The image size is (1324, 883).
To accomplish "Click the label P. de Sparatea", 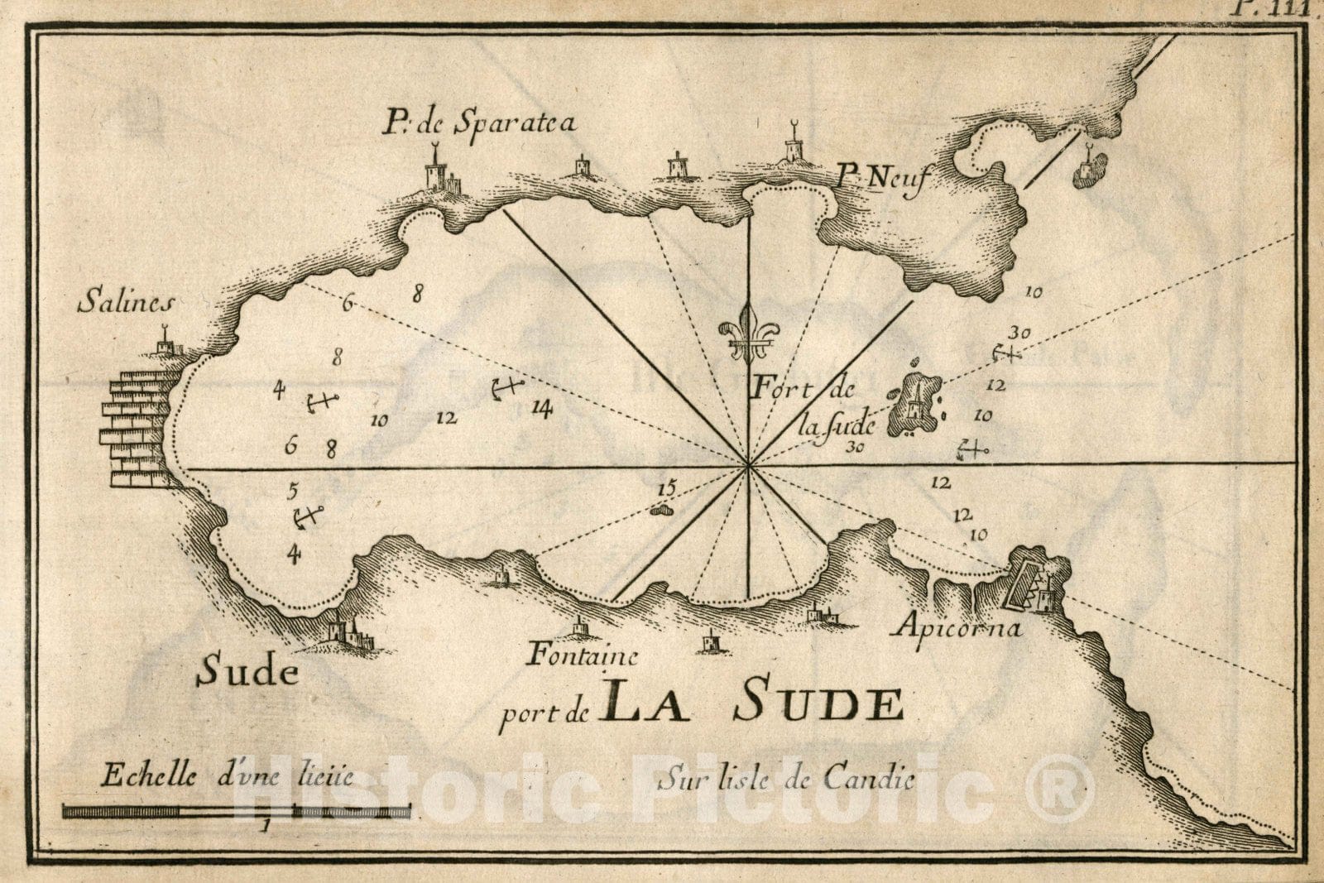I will [477, 125].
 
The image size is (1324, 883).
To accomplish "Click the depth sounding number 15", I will [666, 488].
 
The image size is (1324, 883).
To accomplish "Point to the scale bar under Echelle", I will [236, 812].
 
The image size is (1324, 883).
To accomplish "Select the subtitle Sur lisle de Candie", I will [786, 778].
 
